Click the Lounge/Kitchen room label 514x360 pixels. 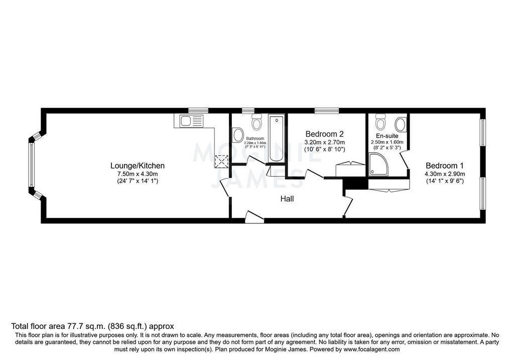[x=138, y=166]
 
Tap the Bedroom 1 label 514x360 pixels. [x=445, y=166]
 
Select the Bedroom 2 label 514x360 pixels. [x=324, y=134]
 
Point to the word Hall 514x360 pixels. [x=287, y=199]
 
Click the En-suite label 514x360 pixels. [x=387, y=136]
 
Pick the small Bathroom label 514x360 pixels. [x=255, y=139]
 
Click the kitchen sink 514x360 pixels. [x=188, y=121]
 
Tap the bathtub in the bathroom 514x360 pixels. [x=277, y=139]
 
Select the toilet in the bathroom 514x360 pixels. [x=256, y=122]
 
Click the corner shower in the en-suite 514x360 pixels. [x=378, y=164]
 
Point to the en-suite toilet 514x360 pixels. [x=380, y=122]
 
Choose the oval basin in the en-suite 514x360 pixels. [x=401, y=125]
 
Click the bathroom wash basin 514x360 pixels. [x=237, y=135]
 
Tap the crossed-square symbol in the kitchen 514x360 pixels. [x=221, y=161]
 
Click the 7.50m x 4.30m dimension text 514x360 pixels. [x=138, y=174]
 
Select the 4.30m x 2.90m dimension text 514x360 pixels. [x=445, y=174]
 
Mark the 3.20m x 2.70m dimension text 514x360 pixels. [x=325, y=142]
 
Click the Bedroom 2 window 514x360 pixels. [x=326, y=110]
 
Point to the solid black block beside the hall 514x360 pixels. [x=355, y=183]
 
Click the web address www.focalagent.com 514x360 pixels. [x=371, y=349]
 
